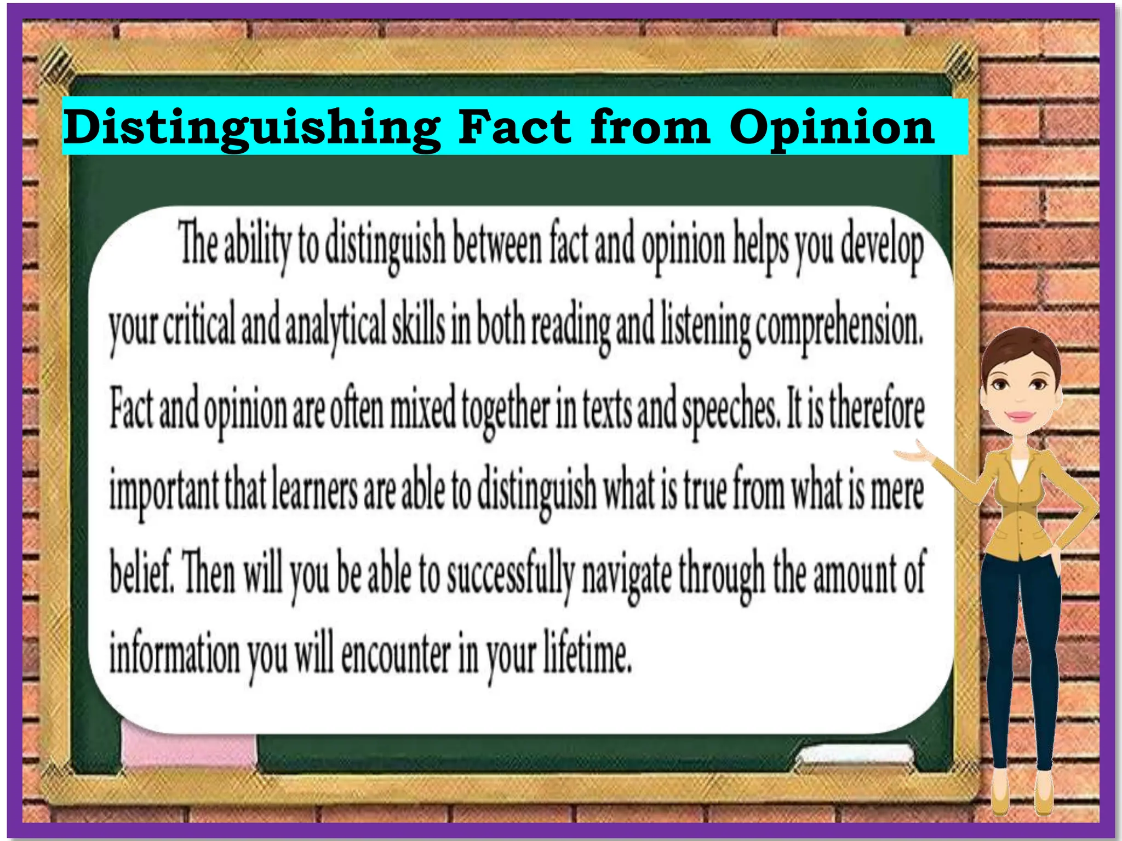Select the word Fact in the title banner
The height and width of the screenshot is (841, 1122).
point(515,127)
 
